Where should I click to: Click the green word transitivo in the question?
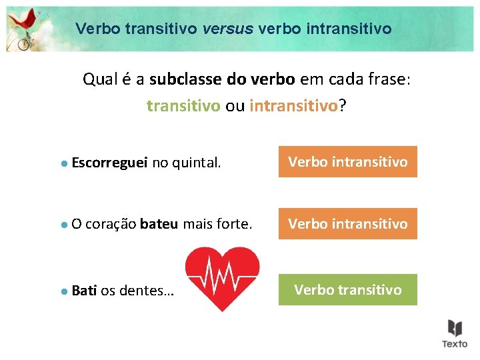point(183,106)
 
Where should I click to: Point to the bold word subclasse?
point(187,80)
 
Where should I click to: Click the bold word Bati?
point(84,291)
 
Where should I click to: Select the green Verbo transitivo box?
point(347,289)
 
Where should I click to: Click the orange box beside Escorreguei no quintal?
point(347,162)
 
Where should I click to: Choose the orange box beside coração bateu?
point(347,224)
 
